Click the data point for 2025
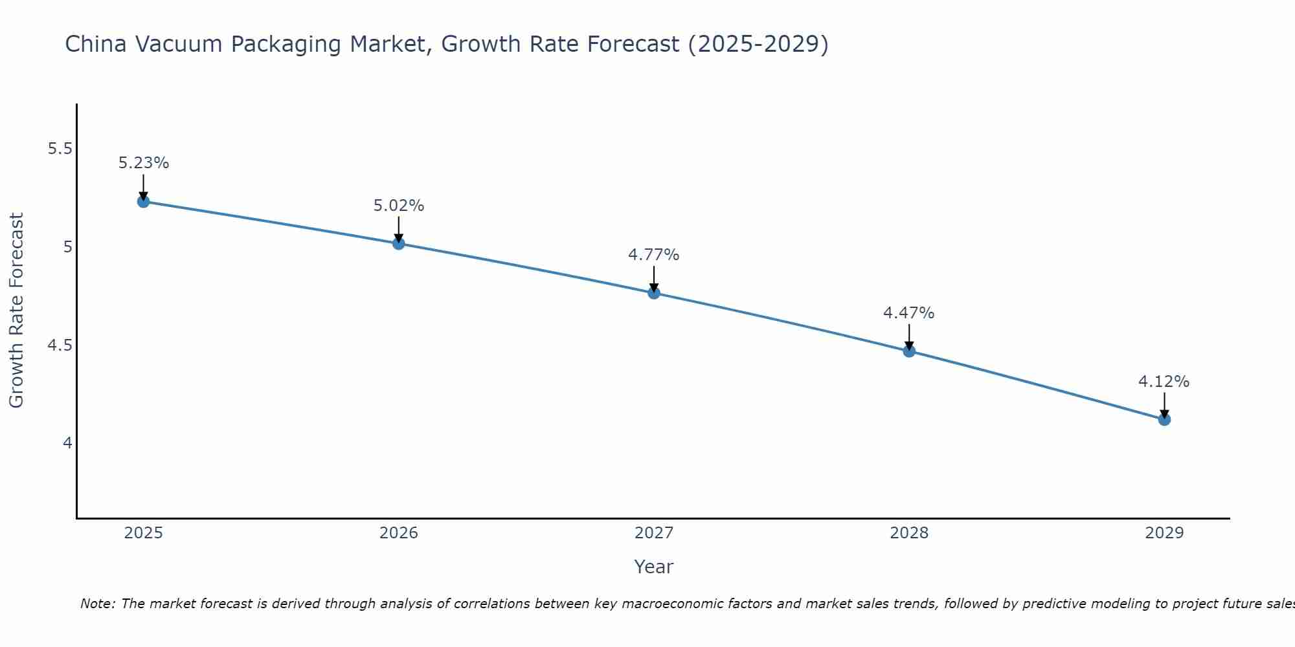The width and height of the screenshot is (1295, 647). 144,201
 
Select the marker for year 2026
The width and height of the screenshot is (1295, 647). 399,243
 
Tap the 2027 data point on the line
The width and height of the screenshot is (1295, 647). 654,292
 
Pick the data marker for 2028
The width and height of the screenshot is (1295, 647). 909,351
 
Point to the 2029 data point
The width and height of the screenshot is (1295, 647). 1164,419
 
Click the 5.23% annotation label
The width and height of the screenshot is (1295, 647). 144,163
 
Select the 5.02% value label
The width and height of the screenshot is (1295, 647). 399,206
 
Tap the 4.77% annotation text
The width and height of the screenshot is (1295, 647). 654,255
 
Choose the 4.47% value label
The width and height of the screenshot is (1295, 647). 909,313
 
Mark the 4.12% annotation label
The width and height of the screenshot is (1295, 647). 1164,382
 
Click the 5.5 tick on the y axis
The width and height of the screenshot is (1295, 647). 60,149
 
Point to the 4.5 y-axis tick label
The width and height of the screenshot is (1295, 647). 60,345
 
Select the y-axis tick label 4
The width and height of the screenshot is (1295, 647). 67,443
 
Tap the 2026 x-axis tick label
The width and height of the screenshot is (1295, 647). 399,533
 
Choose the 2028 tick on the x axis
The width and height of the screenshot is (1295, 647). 909,533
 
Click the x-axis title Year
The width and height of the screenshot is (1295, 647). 654,567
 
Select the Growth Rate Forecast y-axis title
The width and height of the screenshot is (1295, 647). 16,311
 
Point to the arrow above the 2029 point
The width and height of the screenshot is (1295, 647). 1164,405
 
